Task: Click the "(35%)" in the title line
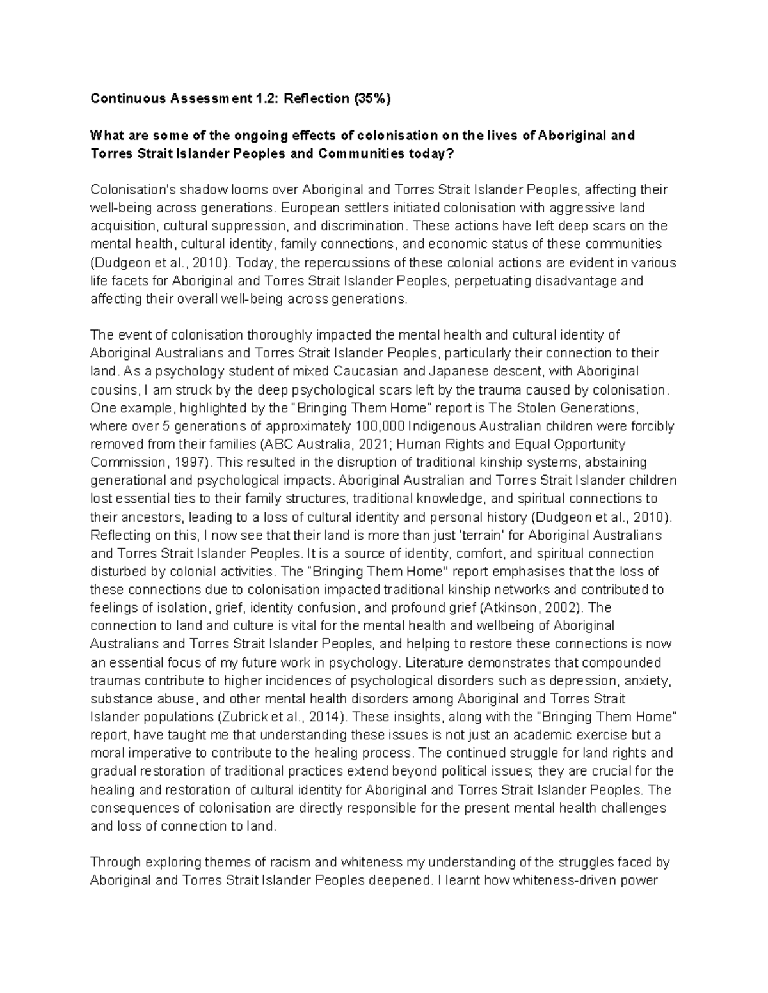tap(370, 99)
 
